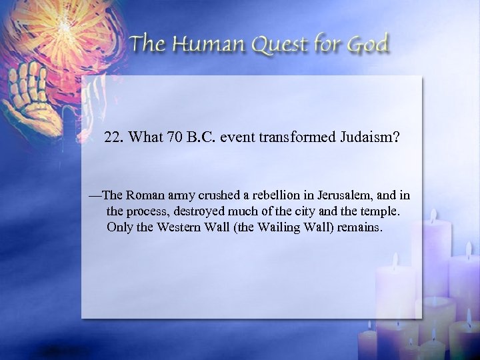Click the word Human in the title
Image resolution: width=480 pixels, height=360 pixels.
pos(200,45)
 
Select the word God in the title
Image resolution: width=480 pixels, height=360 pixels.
pos(366,45)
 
